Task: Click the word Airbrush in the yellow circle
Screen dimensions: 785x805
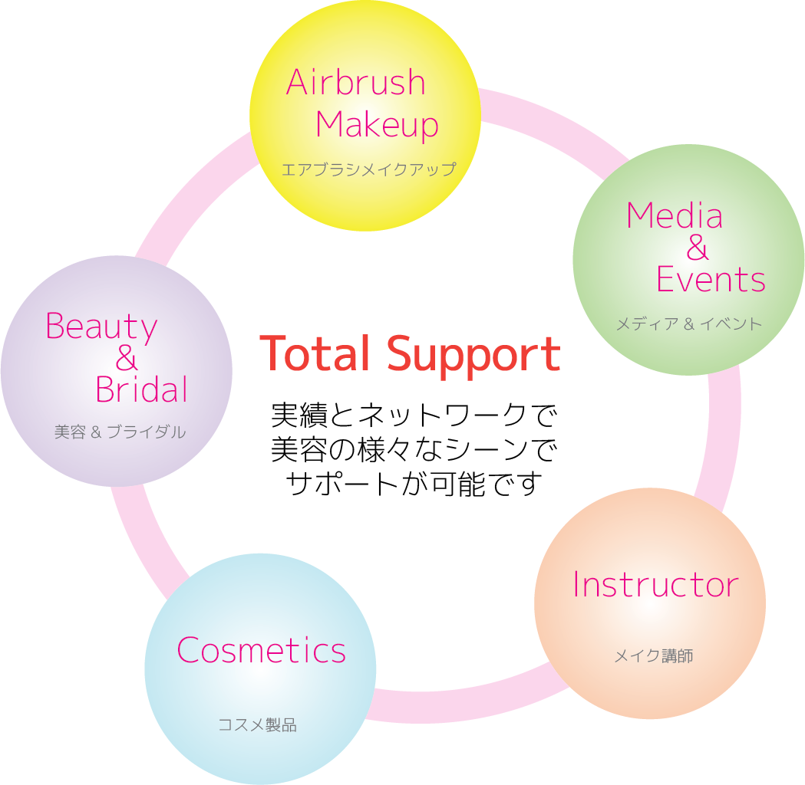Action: click(355, 82)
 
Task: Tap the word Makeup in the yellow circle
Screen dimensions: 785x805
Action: click(377, 125)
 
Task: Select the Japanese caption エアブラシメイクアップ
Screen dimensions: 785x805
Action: click(368, 169)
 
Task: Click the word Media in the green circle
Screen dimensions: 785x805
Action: click(674, 216)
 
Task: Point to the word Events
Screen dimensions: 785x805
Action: click(711, 280)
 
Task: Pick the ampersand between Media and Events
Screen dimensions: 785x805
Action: click(698, 248)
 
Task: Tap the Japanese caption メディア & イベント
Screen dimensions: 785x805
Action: click(688, 324)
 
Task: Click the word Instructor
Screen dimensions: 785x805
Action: click(655, 585)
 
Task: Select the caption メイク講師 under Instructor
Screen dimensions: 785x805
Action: click(654, 656)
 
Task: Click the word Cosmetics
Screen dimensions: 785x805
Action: click(261, 651)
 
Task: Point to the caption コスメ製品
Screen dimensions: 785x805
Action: click(257, 724)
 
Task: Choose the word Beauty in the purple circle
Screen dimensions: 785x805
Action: click(101, 327)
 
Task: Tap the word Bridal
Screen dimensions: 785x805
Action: click(141, 390)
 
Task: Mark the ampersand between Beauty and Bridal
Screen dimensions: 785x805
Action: click(127, 359)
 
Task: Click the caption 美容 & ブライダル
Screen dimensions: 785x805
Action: click(120, 432)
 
